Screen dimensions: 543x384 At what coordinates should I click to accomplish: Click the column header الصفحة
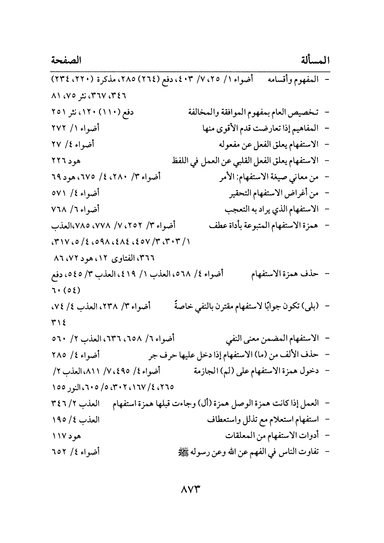(67, 60)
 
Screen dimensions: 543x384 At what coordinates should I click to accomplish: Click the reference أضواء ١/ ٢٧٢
(81, 127)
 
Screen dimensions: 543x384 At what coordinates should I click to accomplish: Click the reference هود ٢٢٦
(66, 161)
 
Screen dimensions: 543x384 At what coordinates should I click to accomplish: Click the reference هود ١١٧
(66, 435)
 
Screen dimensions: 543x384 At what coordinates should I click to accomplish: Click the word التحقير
(241, 193)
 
